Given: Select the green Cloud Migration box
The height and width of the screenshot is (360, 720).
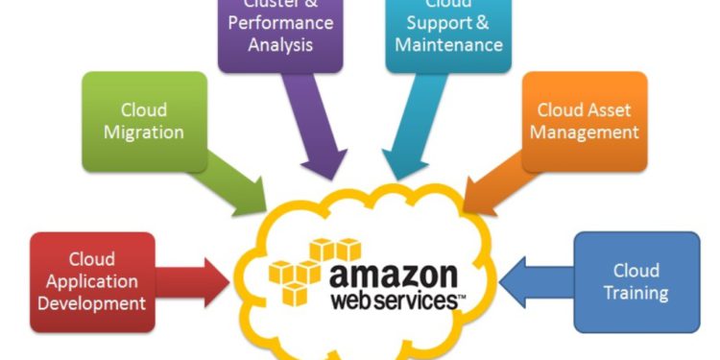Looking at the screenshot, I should (144, 121).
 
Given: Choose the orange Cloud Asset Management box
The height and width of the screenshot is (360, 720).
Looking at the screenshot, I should (584, 121).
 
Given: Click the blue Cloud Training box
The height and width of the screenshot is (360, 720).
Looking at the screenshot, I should (636, 280).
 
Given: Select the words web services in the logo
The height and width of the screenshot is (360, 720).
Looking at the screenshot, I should (393, 300).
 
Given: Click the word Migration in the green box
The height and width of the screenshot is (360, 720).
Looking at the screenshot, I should (144, 132).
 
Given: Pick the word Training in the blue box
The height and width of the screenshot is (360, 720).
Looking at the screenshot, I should (636, 292).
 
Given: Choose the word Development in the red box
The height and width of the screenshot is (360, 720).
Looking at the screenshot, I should (93, 303).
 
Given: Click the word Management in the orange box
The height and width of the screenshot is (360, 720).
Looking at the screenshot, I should (584, 132).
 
